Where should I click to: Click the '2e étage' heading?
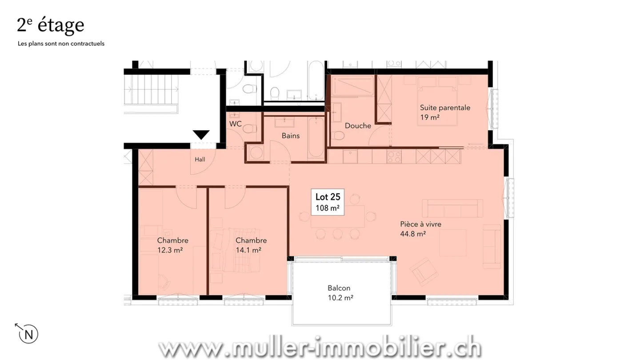(x=51, y=25)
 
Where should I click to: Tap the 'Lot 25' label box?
(x=328, y=202)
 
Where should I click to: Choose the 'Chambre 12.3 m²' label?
(x=172, y=245)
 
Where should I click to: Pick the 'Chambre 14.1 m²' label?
(x=251, y=245)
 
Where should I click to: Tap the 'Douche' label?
(x=358, y=126)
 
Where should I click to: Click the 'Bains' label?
(x=291, y=136)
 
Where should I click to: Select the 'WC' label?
(x=236, y=124)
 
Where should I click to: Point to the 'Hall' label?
(x=200, y=160)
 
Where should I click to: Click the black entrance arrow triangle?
(x=201, y=135)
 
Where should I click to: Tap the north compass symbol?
(x=27, y=333)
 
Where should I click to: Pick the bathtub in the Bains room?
(x=316, y=138)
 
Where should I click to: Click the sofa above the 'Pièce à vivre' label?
(x=452, y=208)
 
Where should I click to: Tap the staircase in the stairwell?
(x=151, y=90)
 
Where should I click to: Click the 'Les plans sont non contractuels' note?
(x=61, y=44)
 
